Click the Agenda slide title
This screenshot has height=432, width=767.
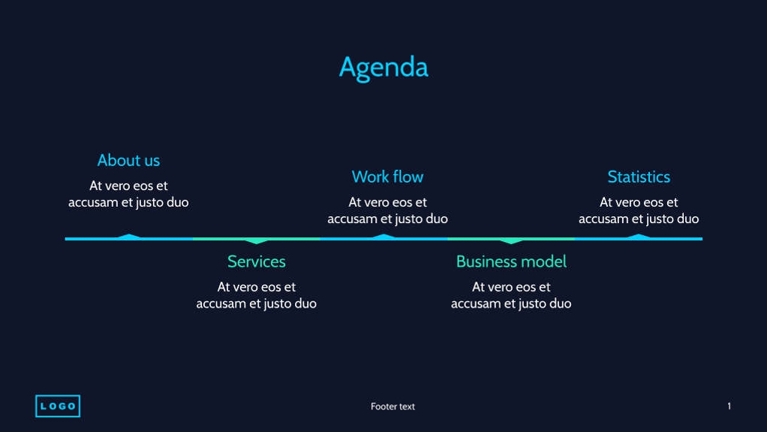tap(383, 67)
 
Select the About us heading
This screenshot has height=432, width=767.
tap(128, 160)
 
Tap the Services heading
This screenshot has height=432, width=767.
tap(257, 261)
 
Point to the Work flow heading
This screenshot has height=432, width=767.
tap(387, 177)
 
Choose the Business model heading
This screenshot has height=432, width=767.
tap(511, 261)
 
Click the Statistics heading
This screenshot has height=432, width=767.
tap(639, 177)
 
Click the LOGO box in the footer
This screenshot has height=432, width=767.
tap(58, 406)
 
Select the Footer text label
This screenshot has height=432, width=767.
tap(393, 406)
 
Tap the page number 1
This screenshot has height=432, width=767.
tap(729, 406)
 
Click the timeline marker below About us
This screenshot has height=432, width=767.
tap(129, 237)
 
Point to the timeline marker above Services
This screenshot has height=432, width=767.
tap(257, 241)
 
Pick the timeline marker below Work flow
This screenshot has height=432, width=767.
tap(384, 237)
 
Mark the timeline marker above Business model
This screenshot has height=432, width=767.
tap(512, 241)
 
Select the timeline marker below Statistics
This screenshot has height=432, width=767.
tap(639, 237)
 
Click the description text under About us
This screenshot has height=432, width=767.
tap(128, 194)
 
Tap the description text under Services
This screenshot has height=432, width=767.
tap(257, 295)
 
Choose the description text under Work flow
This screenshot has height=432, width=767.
tap(387, 210)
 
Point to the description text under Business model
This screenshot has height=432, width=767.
tap(511, 295)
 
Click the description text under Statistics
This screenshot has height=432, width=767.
tap(639, 210)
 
